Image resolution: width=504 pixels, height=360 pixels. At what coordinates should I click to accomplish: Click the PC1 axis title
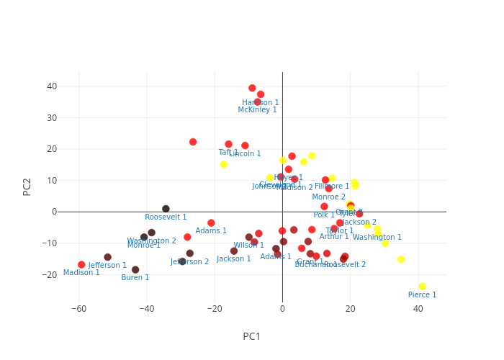click(252, 336)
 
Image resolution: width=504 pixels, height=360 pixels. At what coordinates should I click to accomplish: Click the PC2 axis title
click(27, 186)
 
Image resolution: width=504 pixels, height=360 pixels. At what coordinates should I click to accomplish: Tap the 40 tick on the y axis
click(52, 86)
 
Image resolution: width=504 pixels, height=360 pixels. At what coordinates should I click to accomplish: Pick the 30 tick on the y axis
click(52, 118)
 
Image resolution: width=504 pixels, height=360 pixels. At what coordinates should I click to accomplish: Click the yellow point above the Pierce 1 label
click(422, 287)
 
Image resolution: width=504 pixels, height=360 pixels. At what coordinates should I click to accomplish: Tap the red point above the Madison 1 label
click(81, 265)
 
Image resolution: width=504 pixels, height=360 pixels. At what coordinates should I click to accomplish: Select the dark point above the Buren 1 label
click(135, 270)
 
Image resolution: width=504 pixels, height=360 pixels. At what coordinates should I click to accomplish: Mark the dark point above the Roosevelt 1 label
click(166, 209)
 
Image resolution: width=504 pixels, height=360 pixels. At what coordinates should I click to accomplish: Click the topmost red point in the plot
click(252, 89)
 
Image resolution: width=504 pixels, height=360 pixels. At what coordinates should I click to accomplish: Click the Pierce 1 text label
click(422, 295)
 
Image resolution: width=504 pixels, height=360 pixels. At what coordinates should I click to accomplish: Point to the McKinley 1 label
click(257, 110)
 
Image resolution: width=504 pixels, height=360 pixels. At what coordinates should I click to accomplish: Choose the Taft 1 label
click(228, 153)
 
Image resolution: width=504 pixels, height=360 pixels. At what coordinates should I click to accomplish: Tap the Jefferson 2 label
click(189, 262)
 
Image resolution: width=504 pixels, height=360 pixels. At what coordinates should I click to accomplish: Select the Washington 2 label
click(151, 241)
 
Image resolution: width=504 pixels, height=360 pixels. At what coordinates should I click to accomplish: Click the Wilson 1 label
click(248, 246)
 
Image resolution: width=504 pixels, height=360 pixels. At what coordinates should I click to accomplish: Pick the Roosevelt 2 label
click(345, 265)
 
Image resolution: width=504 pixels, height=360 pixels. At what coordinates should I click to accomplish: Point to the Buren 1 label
click(135, 278)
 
